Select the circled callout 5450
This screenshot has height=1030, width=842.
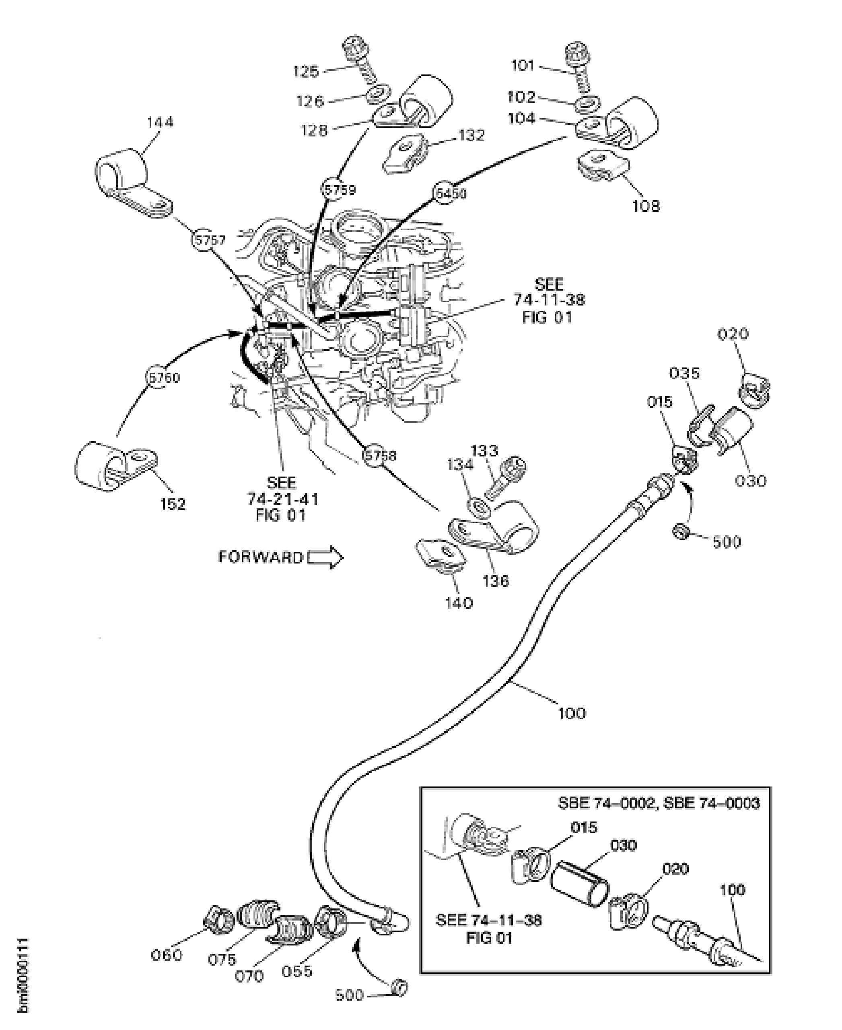450,193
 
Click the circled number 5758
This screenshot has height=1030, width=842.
380,455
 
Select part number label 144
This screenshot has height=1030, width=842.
160,122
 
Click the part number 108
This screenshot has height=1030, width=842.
646,206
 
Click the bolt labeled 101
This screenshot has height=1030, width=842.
580,66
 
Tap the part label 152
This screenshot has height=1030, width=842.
173,504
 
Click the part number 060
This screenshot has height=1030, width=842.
167,954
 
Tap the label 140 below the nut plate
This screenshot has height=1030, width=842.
458,603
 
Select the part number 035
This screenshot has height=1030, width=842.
684,373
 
